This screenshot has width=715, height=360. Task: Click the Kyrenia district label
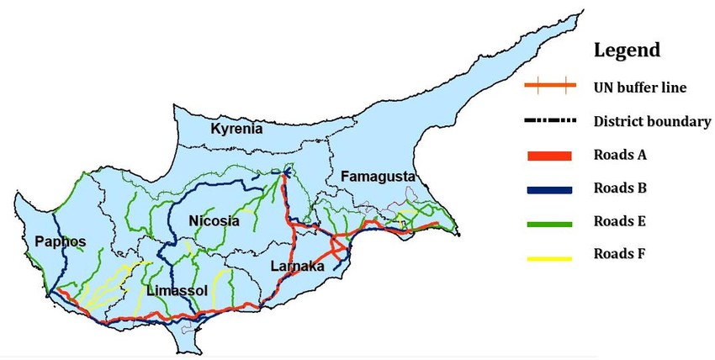(x=236, y=129)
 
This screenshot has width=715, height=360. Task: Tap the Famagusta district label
(x=378, y=176)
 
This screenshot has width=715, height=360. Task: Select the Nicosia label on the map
(x=214, y=221)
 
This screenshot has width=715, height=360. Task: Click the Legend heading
(x=627, y=50)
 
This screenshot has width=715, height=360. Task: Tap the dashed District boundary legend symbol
(x=548, y=121)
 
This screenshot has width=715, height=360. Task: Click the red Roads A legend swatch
(x=548, y=156)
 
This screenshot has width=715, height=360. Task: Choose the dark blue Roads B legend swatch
(x=548, y=189)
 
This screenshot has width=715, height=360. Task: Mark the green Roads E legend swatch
(x=548, y=223)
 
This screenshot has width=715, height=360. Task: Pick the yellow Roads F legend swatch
(x=548, y=257)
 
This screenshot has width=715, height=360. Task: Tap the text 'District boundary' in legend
(x=652, y=121)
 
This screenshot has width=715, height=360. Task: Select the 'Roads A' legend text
(x=621, y=155)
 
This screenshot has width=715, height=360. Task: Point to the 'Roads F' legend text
(x=621, y=253)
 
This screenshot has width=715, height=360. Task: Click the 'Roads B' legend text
(x=621, y=188)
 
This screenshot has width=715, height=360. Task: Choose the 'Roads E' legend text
(x=621, y=221)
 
